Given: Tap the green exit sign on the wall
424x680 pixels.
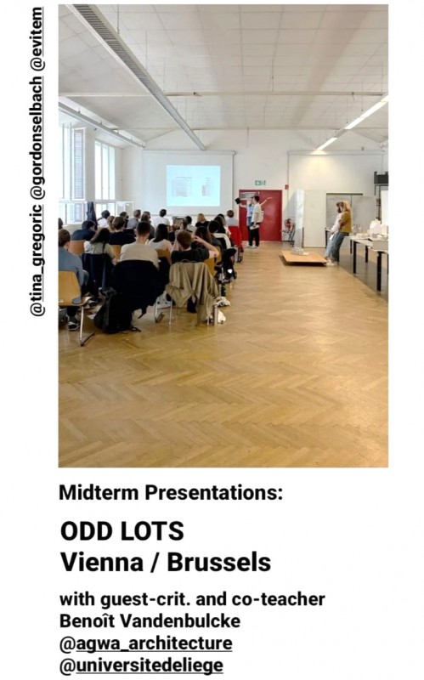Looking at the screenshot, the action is [260, 183].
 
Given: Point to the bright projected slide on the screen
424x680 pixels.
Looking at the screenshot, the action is [193, 185].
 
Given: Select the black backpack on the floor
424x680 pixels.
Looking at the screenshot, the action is [114, 311].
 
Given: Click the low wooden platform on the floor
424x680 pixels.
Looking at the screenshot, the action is [302, 258].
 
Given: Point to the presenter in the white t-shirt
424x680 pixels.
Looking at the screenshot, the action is [256, 221].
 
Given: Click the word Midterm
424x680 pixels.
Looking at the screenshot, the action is [99, 493].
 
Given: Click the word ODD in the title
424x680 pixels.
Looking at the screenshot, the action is [88, 531].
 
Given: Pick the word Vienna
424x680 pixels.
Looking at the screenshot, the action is [102, 563].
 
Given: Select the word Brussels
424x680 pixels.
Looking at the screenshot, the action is [219, 563].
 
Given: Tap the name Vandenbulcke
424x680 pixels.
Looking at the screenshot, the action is [180, 621].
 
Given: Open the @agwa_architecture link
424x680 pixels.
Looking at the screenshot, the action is [145, 643].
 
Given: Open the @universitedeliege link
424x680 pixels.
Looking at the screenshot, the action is [141, 666].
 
